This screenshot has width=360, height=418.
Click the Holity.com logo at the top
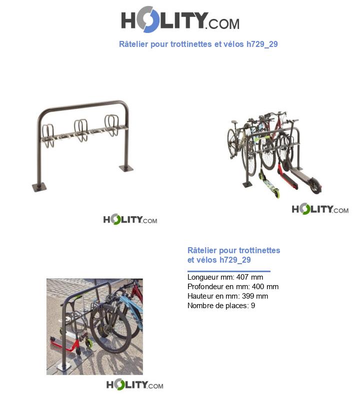coord(180,21)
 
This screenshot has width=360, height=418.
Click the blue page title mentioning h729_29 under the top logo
coord(198,44)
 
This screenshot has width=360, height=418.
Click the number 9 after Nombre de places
coord(253,306)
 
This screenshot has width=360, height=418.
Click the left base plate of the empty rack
coord(39,187)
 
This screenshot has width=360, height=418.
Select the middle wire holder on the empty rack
coord(81,131)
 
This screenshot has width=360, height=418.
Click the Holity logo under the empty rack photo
coord(130,220)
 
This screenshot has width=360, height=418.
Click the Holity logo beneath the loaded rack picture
coord(320,210)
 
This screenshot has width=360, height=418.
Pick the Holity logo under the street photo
coord(134,385)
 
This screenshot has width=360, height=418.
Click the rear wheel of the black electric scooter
coord(315,187)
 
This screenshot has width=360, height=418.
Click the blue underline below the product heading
coord(228,271)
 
